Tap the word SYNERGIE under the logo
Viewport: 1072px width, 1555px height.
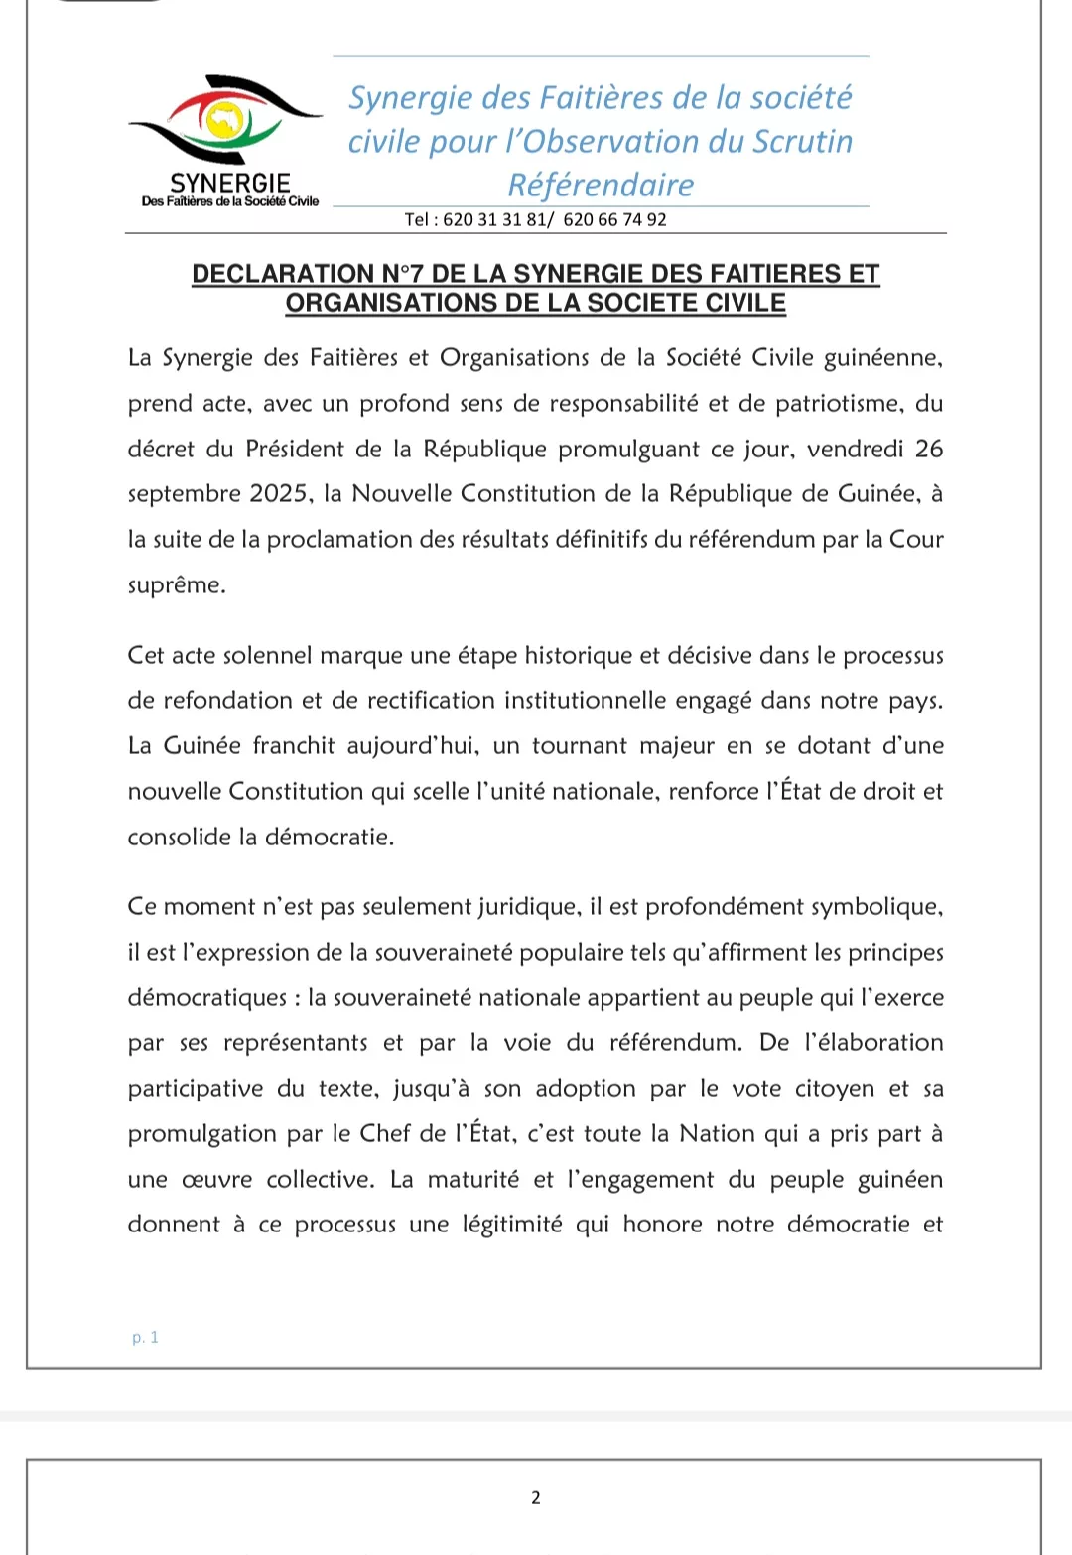[230, 183]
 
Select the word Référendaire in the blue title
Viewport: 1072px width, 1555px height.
[601, 185]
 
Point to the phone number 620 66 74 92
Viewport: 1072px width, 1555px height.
[614, 219]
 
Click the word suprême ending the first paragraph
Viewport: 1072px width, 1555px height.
[175, 585]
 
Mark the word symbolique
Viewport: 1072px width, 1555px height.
[876, 906]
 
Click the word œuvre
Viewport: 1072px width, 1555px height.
[216, 1180]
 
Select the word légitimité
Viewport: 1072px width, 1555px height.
[512, 1225]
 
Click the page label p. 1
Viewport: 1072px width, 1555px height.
[145, 1337]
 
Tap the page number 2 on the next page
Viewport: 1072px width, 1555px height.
[536, 1497]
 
